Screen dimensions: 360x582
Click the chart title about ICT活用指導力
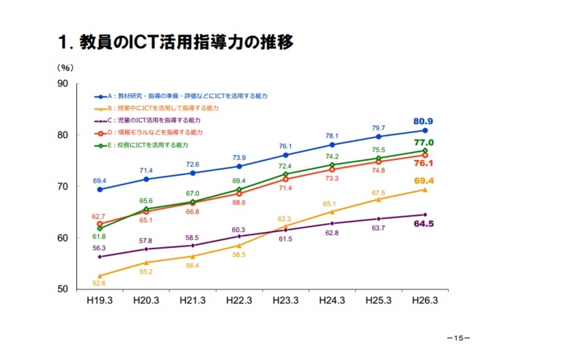[x=175, y=42]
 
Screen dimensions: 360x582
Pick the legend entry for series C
[x=154, y=120]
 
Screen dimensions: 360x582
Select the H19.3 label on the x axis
[x=100, y=300]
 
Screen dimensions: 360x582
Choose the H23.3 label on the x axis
[x=286, y=300]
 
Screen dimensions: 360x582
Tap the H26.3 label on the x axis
[x=425, y=300]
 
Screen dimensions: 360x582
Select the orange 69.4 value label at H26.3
[x=424, y=180]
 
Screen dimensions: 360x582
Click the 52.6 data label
[x=99, y=283]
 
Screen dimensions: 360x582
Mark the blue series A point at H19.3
[x=100, y=190]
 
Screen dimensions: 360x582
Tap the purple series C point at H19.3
[x=100, y=257]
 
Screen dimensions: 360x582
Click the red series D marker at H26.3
[x=425, y=155]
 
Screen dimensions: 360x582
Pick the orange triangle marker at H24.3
[x=332, y=212]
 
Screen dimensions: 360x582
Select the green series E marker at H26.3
[x=425, y=151]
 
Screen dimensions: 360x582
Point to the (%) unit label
[x=65, y=67]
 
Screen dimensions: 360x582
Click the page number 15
[x=458, y=339]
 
